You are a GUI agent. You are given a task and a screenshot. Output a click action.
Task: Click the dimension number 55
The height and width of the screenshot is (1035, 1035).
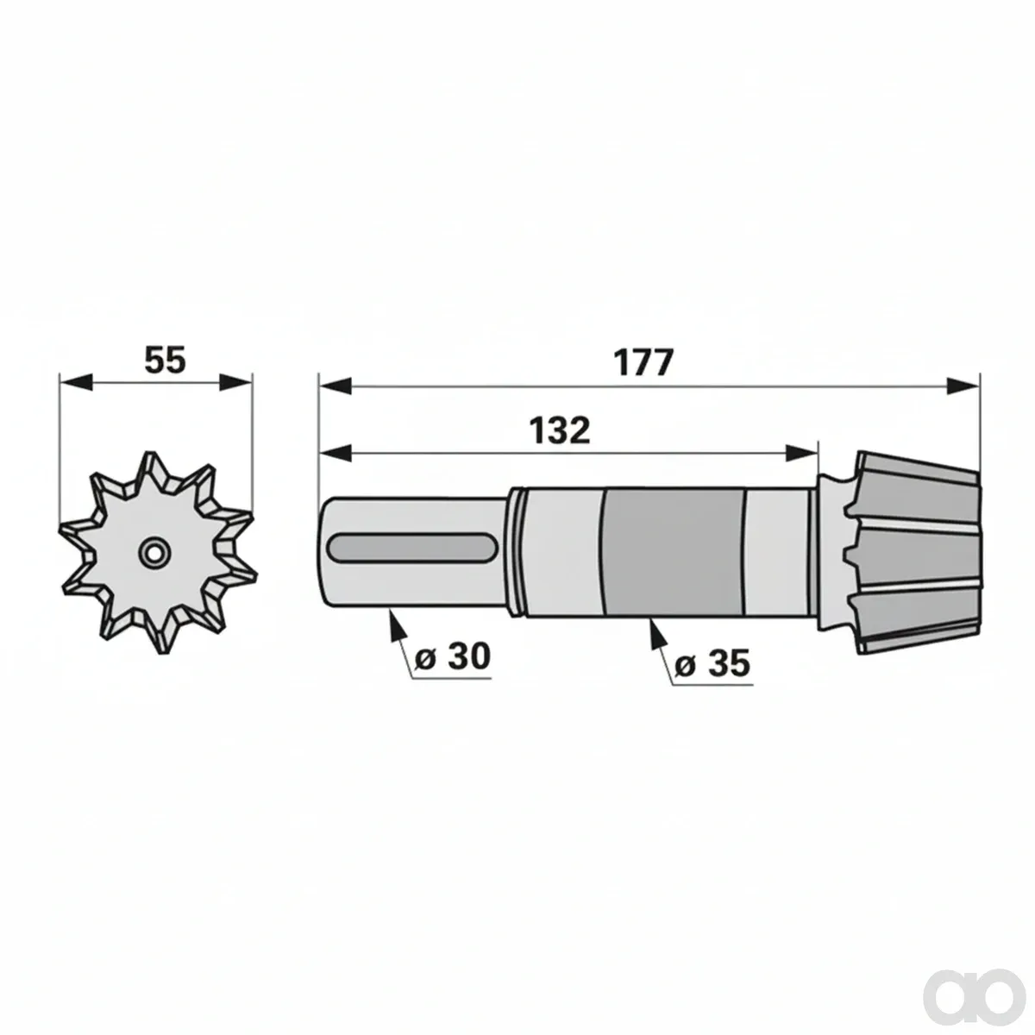pyautogui.click(x=165, y=360)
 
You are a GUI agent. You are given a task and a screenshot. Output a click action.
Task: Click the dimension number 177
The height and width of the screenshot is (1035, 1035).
pyautogui.click(x=643, y=363)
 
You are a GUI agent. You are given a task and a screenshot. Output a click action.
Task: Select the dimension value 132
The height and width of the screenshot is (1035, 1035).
pyautogui.click(x=560, y=430)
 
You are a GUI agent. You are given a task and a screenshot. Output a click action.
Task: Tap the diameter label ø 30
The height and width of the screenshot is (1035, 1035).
pyautogui.click(x=453, y=656)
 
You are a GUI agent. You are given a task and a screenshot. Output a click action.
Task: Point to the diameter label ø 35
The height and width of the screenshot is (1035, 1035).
pyautogui.click(x=712, y=662)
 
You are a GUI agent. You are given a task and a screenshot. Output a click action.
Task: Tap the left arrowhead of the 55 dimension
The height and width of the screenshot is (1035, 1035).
pyautogui.click(x=76, y=383)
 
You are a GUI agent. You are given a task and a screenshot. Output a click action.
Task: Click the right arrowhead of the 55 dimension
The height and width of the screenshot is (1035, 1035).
pyautogui.click(x=235, y=383)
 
